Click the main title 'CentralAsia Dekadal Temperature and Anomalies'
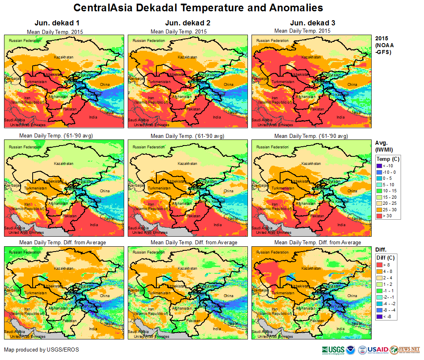198,8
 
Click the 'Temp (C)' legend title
388,159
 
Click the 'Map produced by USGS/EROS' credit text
42,350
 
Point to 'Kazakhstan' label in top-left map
64,57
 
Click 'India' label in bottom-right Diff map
341,329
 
